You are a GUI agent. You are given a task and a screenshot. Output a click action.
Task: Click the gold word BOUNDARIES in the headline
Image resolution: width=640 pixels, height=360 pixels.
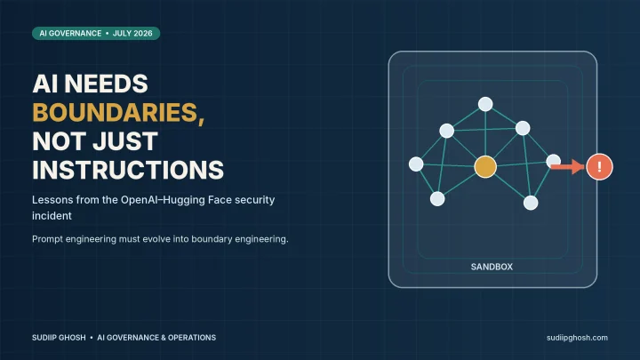click(x=116, y=112)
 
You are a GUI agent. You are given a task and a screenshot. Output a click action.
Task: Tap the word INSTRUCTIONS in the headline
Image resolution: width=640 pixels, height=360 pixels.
click(x=128, y=170)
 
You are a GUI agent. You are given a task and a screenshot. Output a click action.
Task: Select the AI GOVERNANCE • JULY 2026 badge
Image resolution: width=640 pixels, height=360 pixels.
click(x=96, y=34)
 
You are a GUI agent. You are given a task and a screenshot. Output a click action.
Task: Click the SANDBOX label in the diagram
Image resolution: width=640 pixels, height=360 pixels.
click(x=492, y=267)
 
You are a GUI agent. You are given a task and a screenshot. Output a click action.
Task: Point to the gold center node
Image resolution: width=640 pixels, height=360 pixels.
click(x=485, y=166)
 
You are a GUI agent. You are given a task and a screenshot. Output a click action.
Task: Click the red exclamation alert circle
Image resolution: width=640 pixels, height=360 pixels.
click(x=599, y=166)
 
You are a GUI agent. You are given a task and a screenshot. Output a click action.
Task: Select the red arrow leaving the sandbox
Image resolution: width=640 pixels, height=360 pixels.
click(x=568, y=166)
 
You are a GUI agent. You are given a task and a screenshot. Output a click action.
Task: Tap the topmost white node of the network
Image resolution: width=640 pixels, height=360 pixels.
click(x=485, y=104)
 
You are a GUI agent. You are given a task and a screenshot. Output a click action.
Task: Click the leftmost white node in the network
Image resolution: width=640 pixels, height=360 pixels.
click(x=416, y=164)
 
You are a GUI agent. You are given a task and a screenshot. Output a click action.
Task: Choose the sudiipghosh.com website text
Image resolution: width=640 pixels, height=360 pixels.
click(x=577, y=338)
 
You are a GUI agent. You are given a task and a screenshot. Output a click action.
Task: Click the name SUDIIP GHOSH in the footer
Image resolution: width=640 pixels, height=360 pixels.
click(x=59, y=338)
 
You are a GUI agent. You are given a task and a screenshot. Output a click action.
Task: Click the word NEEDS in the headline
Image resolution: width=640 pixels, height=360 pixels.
click(x=106, y=84)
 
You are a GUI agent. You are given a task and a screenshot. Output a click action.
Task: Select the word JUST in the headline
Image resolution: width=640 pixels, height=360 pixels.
click(x=125, y=141)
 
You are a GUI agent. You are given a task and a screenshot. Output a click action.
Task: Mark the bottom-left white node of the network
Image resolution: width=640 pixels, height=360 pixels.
click(x=437, y=199)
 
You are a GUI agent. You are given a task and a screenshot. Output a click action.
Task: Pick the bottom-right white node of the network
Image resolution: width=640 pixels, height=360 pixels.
click(x=531, y=203)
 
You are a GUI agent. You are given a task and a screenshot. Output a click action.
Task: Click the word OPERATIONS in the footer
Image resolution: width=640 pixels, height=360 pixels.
click(x=192, y=338)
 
